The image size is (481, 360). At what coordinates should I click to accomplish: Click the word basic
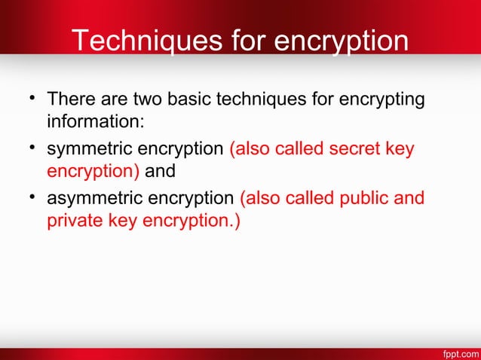pos(191,99)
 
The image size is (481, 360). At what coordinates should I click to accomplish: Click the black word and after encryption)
pos(160,171)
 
